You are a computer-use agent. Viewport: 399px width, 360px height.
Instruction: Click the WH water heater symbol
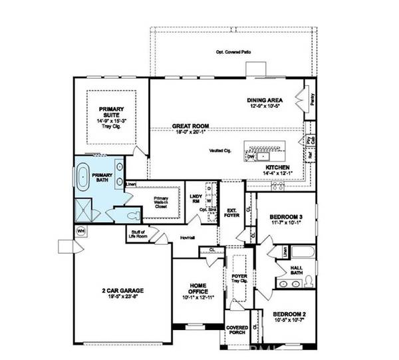[x=82, y=231]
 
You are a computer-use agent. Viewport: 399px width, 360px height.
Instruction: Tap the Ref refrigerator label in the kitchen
[x=310, y=155]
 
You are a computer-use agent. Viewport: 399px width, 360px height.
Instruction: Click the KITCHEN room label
[x=277, y=167]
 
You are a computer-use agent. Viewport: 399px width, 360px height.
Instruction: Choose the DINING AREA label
[x=266, y=98]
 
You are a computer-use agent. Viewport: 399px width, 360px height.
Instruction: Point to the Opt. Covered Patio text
[x=231, y=52]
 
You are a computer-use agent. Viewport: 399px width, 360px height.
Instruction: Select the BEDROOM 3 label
[x=287, y=217]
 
